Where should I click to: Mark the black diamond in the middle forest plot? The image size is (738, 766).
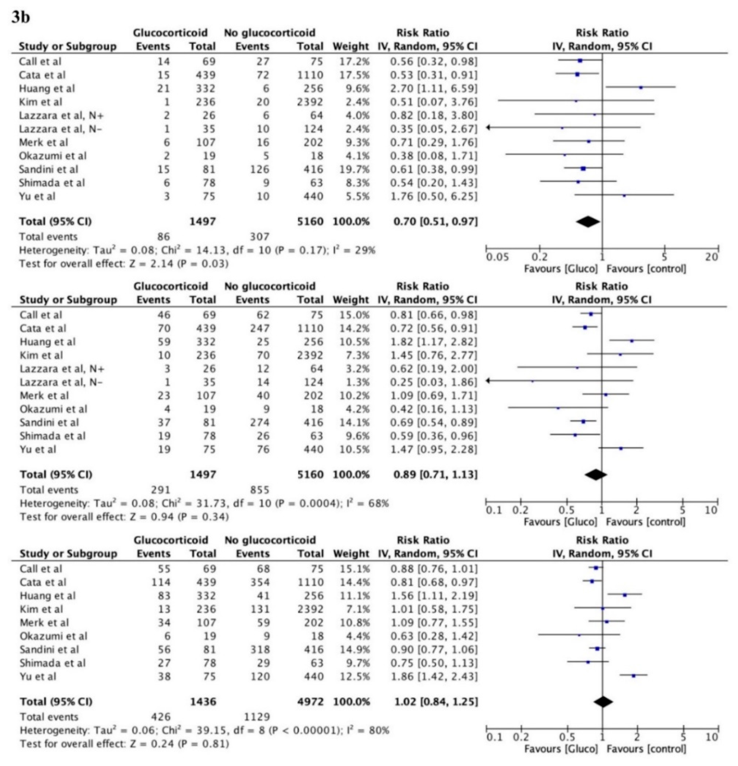(x=596, y=475)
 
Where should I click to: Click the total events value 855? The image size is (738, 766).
(x=260, y=490)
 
